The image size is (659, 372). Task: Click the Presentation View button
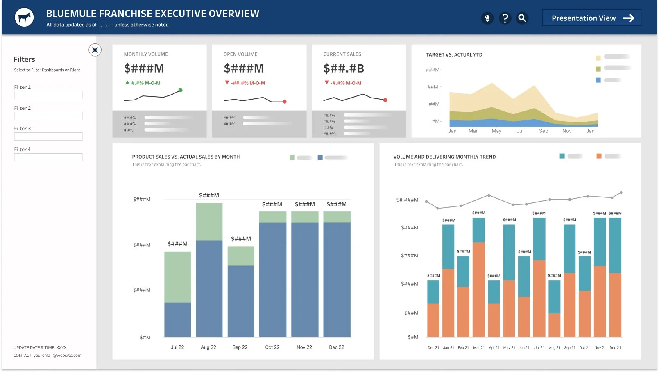pyautogui.click(x=591, y=18)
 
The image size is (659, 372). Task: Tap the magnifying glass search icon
pyautogui.click(x=522, y=18)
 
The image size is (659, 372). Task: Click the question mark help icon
pyautogui.click(x=505, y=18)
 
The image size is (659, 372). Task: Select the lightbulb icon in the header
pyautogui.click(x=487, y=18)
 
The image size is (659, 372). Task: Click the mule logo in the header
pyautogui.click(x=24, y=18)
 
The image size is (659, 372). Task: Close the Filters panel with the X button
pyautogui.click(x=95, y=50)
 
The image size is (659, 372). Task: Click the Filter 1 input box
pyautogui.click(x=48, y=95)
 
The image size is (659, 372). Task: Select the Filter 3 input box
pyautogui.click(x=48, y=136)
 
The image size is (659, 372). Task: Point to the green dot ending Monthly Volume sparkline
pyautogui.click(x=180, y=90)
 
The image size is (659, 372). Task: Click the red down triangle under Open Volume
pyautogui.click(x=227, y=82)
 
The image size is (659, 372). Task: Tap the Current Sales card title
pyautogui.click(x=342, y=54)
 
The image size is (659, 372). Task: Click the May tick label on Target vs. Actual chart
pyautogui.click(x=496, y=131)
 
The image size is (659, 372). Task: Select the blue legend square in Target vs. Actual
pyautogui.click(x=598, y=80)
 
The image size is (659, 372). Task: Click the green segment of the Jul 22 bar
pyautogui.click(x=177, y=277)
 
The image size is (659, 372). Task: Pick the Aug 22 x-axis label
pyautogui.click(x=208, y=347)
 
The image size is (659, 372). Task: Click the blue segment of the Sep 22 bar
pyautogui.click(x=241, y=301)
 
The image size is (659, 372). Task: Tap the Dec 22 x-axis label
pyautogui.click(x=336, y=347)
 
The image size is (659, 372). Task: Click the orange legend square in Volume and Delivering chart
pyautogui.click(x=599, y=156)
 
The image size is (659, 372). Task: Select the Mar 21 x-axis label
pyautogui.click(x=479, y=348)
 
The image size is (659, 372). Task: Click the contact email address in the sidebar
pyautogui.click(x=57, y=356)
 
